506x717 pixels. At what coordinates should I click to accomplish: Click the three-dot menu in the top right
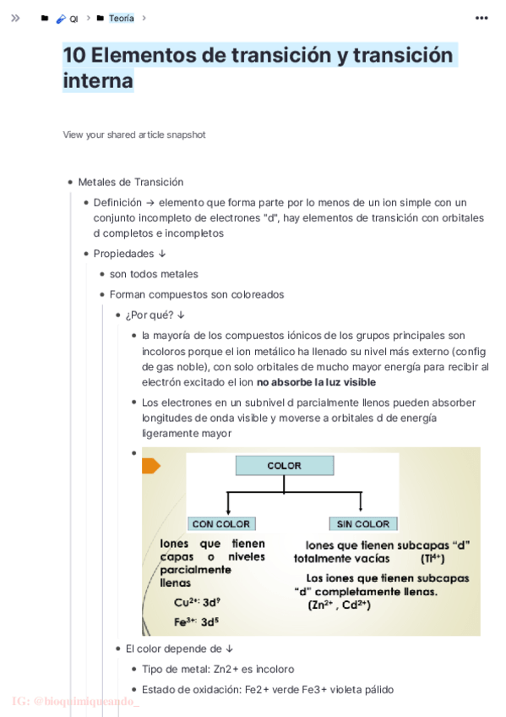pos(482,18)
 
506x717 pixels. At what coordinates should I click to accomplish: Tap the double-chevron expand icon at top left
pos(15,18)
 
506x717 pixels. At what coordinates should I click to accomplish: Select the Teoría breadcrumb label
pos(121,18)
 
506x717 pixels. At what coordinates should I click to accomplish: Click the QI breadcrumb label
pos(73,19)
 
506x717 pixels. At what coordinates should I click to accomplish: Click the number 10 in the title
pos(74,56)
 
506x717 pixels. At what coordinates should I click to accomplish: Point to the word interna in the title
pos(98,81)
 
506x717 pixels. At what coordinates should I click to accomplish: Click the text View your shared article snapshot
pos(133,134)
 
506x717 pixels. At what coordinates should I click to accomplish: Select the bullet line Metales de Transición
pos(131,182)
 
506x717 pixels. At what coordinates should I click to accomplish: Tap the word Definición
pos(117,202)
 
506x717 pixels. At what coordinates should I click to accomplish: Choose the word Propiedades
pos(123,254)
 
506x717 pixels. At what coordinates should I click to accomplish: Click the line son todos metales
pos(154,274)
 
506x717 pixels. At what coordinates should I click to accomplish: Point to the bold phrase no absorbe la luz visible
pos(323,382)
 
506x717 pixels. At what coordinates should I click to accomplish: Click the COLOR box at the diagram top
pos(284,466)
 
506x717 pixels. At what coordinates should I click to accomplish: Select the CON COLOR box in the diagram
pos(220,524)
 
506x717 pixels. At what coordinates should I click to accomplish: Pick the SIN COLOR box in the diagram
pos(363,524)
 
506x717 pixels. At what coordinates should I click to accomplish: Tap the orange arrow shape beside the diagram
pos(151,466)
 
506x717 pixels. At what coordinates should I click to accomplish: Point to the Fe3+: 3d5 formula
pos(197,621)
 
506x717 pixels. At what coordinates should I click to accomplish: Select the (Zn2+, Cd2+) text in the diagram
pos(340,605)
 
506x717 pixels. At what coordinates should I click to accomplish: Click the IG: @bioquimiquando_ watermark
pos(76,701)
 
